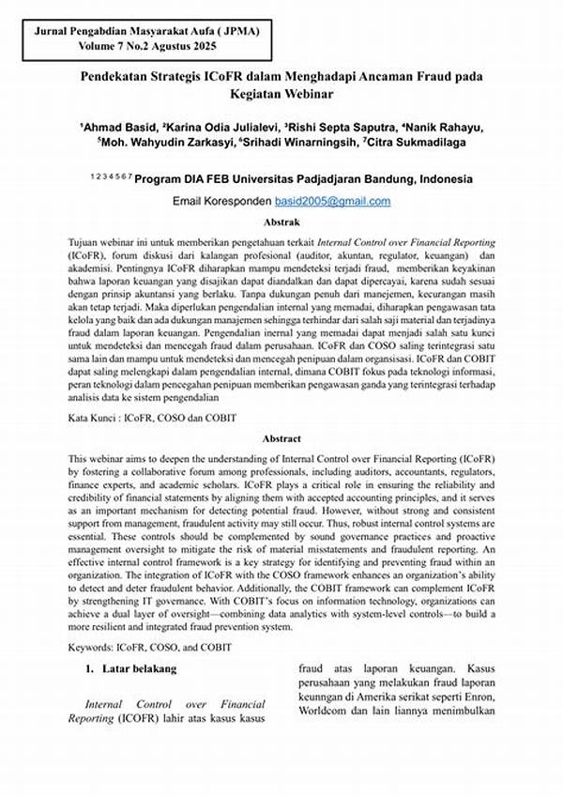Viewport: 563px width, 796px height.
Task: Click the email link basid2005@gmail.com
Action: [x=332, y=202]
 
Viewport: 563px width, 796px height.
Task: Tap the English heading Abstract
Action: [x=281, y=437]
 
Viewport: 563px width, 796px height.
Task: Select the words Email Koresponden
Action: [x=221, y=202]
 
